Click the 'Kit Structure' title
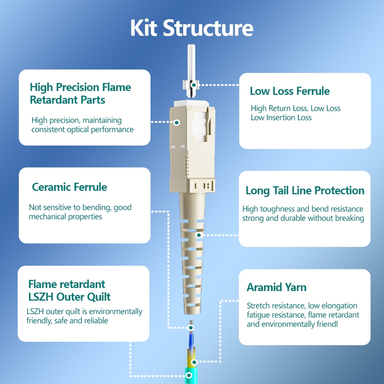point(192,28)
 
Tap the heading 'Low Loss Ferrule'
point(290,91)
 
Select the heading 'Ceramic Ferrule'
point(70,187)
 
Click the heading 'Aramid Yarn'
point(276,287)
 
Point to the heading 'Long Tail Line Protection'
point(305,190)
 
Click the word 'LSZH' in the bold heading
point(41,297)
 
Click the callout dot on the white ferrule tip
point(194,85)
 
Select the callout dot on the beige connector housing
point(177,122)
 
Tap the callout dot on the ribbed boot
point(199,235)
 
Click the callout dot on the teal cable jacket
point(189,375)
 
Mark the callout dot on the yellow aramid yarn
point(194,362)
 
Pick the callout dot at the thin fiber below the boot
point(191,328)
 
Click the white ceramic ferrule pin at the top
point(191,63)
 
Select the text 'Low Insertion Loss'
point(281,118)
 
